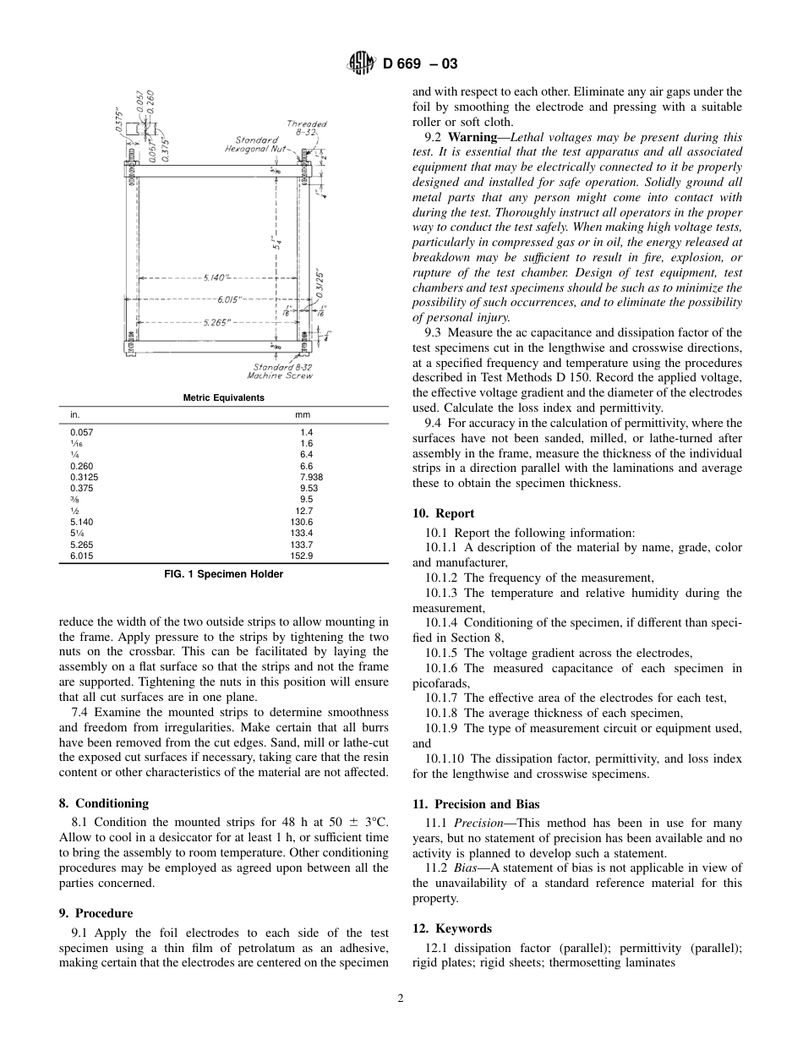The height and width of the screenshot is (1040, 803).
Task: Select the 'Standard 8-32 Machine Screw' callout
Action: click(x=283, y=371)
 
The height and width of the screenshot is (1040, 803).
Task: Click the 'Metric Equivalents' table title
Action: click(x=223, y=397)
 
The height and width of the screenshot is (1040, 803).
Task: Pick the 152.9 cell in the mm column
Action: click(x=301, y=556)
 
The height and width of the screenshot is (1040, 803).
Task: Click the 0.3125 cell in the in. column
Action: click(x=84, y=477)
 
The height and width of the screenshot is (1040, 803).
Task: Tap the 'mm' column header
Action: click(x=303, y=415)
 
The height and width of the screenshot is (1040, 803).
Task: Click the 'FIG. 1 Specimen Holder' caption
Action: click(x=223, y=574)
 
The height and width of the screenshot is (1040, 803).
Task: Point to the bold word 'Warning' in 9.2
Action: click(x=472, y=137)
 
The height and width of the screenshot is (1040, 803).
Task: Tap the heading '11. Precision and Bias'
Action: click(x=476, y=804)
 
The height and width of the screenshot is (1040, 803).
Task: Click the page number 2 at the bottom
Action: click(x=401, y=998)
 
